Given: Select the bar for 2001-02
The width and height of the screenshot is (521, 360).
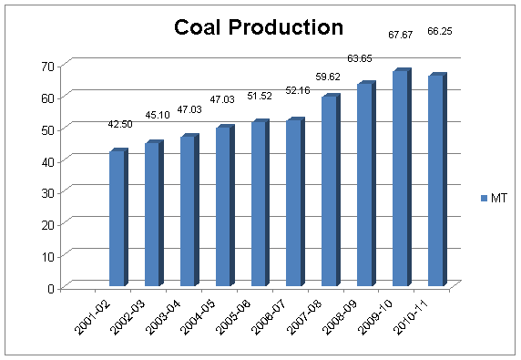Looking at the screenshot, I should coord(117,219).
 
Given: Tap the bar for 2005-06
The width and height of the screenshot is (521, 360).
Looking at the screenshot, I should coord(259,204).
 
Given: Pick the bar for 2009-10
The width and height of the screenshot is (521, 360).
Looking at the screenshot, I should coord(400,179).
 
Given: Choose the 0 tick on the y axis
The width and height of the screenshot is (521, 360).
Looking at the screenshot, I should coord(52,288).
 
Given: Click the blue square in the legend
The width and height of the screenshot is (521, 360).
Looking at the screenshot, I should coord(483,197).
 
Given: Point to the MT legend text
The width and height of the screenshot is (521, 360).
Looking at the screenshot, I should coord(498,197).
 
